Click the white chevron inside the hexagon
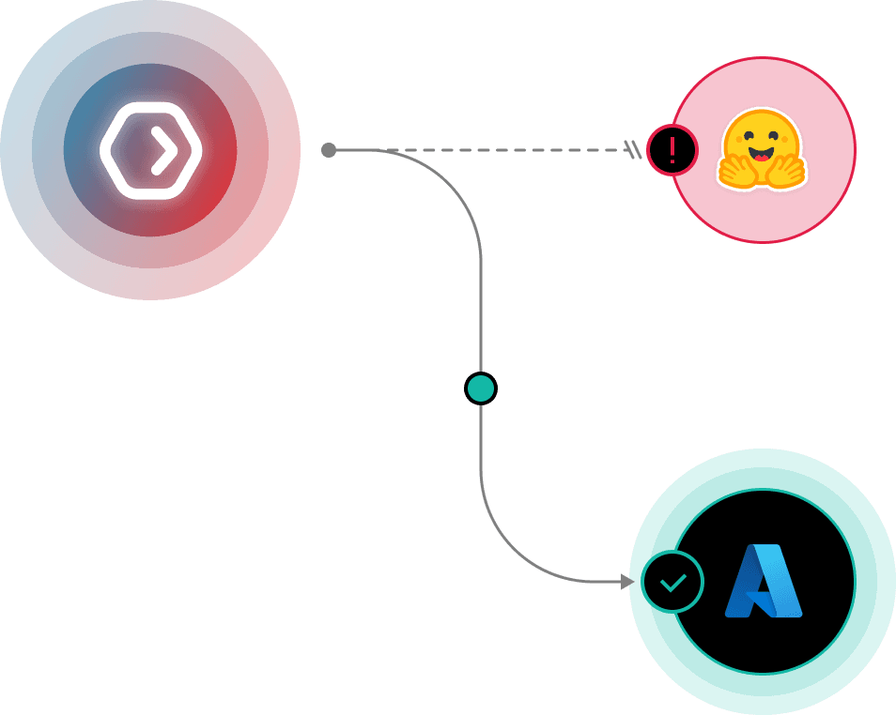163,150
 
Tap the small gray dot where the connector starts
329,150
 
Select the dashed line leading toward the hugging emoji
507,150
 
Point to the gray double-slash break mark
635,150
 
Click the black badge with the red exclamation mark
672,150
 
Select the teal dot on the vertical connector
481,388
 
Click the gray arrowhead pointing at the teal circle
627,582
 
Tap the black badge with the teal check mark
673,582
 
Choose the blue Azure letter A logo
764,582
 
